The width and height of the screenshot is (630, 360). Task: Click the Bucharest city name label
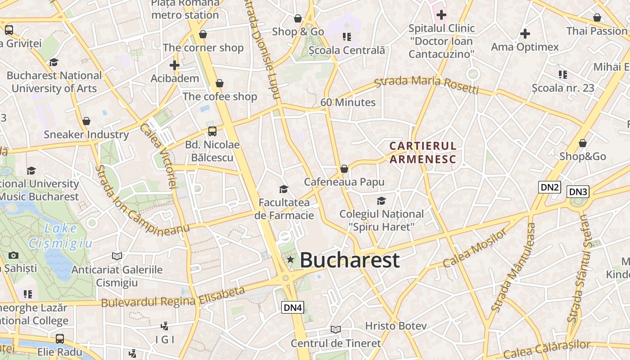tap(349, 260)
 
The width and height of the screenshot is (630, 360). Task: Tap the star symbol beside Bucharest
tap(291, 259)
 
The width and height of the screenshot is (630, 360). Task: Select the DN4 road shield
tap(293, 308)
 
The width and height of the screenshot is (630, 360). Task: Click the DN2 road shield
tap(549, 187)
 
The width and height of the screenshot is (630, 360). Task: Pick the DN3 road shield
tap(578, 192)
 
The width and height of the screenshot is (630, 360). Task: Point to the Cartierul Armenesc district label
tap(423, 153)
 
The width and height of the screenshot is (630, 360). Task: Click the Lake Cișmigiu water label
tap(60, 236)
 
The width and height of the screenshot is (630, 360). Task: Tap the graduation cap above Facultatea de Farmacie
tap(283, 189)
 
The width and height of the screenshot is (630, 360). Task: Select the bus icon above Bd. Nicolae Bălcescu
tap(212, 131)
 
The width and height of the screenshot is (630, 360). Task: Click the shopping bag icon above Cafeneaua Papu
tap(344, 169)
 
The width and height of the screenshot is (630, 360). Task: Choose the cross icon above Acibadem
tap(175, 65)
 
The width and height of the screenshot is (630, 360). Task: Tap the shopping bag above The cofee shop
tap(220, 83)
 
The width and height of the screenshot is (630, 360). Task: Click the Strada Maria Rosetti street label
tap(426, 85)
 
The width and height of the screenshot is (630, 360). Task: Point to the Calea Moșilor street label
tap(475, 247)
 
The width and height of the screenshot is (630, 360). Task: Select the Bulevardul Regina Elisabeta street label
tap(173, 297)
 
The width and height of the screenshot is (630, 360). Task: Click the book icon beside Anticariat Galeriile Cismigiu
tap(117, 256)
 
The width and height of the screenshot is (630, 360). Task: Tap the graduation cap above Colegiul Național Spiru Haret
tap(381, 201)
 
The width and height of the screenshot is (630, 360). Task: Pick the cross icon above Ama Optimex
tap(525, 34)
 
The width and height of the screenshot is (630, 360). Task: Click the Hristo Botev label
tap(396, 326)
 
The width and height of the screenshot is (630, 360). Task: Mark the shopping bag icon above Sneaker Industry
tap(86, 121)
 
